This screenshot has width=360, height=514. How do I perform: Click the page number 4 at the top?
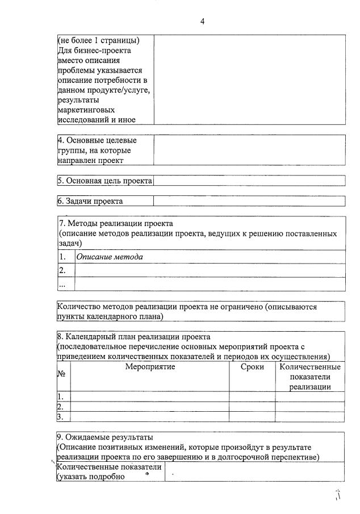click(x=202, y=22)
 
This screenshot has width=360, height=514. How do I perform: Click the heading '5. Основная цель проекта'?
click(x=105, y=181)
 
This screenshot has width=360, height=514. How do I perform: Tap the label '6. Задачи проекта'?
click(x=90, y=201)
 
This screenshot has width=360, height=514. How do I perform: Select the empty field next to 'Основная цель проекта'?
click(x=249, y=181)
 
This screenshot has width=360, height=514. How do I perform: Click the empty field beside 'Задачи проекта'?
click(x=249, y=201)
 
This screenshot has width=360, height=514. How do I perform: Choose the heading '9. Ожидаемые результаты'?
click(x=106, y=437)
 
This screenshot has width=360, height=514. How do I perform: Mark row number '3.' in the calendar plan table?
click(x=60, y=417)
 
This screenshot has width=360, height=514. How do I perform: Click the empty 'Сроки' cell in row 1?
click(x=252, y=396)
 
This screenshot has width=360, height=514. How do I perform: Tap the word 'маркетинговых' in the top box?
click(x=87, y=110)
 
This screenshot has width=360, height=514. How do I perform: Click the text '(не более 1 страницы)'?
click(x=99, y=40)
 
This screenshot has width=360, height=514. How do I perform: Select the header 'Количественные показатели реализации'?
click(x=310, y=377)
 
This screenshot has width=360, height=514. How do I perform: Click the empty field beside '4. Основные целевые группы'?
click(x=249, y=150)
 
